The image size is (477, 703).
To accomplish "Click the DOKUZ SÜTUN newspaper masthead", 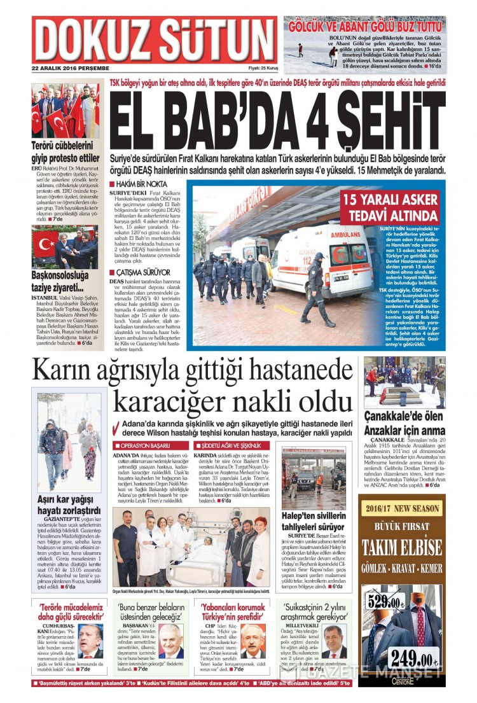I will click(153, 39).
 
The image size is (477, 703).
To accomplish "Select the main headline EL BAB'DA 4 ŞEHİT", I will click(277, 119).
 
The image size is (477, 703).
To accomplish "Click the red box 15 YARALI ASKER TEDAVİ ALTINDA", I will click(391, 208).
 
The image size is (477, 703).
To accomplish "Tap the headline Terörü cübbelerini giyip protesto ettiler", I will click(66, 152).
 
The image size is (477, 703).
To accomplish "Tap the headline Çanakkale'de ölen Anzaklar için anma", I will click(404, 422).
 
